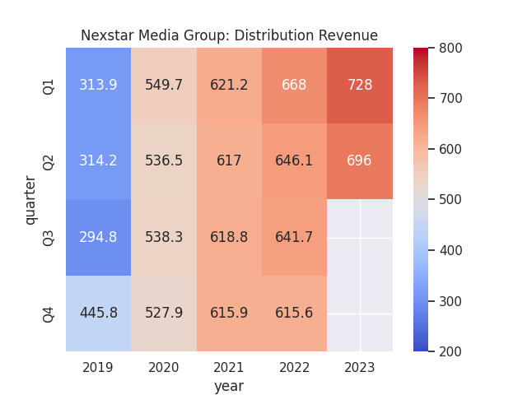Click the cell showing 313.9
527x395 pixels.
point(98,86)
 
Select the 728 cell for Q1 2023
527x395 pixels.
point(359,86)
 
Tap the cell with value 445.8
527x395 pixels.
point(98,313)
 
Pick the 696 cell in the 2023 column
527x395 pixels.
point(359,161)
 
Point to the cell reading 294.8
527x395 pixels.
point(98,237)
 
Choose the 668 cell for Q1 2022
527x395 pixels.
point(294,86)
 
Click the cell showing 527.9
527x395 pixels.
point(164,313)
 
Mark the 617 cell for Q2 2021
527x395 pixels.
point(229,161)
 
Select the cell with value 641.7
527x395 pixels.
point(294,237)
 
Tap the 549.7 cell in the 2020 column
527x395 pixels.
point(164,86)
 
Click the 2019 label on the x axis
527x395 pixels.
point(98,367)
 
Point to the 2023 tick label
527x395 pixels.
point(359,367)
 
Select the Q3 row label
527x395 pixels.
point(49,237)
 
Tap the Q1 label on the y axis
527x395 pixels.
point(49,86)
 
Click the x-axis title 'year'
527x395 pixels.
point(229,385)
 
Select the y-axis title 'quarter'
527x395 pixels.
point(30,200)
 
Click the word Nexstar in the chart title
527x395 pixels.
point(107,35)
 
